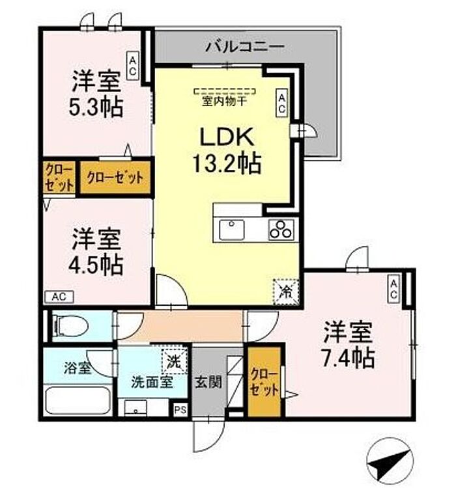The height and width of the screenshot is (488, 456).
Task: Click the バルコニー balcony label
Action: point(246,47)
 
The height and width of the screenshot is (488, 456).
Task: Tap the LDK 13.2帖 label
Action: point(227,151)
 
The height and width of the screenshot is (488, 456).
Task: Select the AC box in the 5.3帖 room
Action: point(132,66)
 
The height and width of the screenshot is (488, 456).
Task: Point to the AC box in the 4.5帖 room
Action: point(59,297)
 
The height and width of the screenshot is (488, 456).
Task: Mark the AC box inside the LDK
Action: point(282,103)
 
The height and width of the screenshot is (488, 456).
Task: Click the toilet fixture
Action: point(70,326)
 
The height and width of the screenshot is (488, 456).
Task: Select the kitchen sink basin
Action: point(232,230)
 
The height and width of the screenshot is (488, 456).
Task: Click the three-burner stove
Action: point(281,230)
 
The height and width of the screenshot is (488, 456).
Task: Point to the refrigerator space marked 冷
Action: point(286,291)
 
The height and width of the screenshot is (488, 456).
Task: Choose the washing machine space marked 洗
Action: point(175,361)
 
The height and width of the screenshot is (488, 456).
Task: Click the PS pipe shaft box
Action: point(180,409)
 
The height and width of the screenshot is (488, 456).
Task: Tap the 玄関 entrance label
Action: point(208,382)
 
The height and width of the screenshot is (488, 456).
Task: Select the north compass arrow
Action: point(390,463)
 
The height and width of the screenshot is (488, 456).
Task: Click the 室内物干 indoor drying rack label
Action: point(224,100)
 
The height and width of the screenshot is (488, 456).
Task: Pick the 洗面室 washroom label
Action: point(152,382)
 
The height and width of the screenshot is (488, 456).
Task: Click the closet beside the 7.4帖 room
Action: point(264,381)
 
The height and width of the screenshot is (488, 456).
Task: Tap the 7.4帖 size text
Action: point(348,359)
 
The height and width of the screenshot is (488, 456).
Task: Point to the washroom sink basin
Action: point(135,408)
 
